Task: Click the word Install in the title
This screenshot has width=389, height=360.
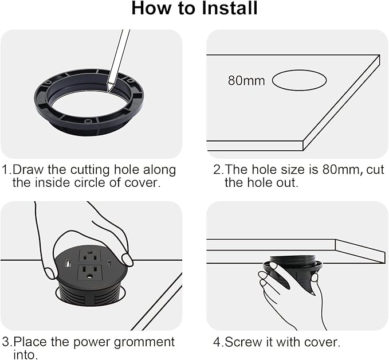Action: (x=230, y=8)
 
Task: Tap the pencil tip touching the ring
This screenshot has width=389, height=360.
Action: (x=108, y=91)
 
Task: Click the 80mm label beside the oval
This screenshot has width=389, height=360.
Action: (x=246, y=80)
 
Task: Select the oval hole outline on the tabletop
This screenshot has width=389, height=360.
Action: (x=299, y=80)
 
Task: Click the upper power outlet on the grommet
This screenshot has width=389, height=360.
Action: (x=89, y=256)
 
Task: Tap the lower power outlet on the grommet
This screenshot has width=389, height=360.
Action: (x=90, y=273)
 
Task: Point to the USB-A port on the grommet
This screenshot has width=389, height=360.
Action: (x=68, y=264)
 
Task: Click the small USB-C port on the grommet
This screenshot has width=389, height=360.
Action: (x=109, y=263)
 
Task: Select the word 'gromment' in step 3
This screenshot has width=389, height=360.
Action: (x=144, y=342)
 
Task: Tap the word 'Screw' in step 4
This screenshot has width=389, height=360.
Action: (x=243, y=342)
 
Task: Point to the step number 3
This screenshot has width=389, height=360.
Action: (x=6, y=342)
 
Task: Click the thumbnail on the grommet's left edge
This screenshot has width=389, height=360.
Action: (x=50, y=273)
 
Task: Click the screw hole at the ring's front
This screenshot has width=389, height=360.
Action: (x=87, y=122)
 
